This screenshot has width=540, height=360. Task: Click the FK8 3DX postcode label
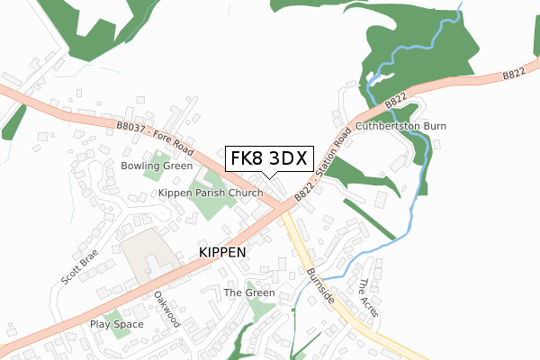tap(268, 158)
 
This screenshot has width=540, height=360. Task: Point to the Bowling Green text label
tap(157, 166)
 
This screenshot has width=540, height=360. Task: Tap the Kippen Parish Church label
tap(211, 193)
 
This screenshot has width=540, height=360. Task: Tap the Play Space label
tap(116, 324)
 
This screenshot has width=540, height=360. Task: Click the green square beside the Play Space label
tap(121, 334)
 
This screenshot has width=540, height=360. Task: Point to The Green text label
tap(248, 293)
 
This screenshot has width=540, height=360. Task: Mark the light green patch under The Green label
tap(260, 310)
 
